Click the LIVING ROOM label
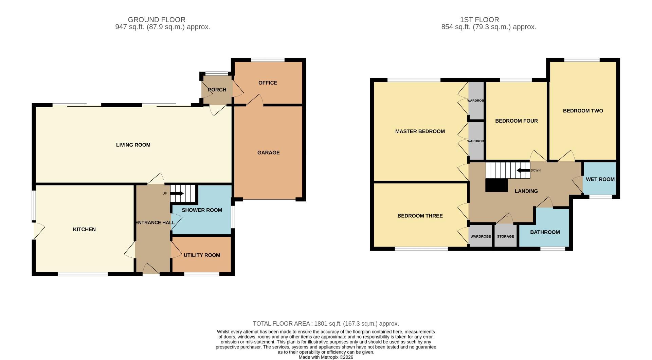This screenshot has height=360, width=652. (133, 145)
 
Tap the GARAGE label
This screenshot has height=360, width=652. (268, 153)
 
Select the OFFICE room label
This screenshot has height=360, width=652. (268, 83)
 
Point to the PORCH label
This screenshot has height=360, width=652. (217, 90)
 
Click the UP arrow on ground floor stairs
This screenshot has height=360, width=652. (177, 194)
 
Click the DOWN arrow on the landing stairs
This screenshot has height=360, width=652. (523, 170)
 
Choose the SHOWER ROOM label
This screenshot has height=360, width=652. (202, 210)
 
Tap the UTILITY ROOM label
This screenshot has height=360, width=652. (202, 255)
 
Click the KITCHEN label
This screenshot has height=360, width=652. (84, 230)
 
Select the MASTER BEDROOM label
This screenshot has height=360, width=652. (420, 131)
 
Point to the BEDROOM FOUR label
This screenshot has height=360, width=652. (516, 121)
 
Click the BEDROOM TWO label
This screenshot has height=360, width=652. (583, 111)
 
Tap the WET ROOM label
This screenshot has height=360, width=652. (600, 179)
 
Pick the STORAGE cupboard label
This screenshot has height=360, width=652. (505, 236)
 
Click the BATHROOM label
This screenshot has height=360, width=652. (545, 232)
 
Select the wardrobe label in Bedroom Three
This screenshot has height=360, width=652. (481, 236)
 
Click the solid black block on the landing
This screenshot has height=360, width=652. (496, 185)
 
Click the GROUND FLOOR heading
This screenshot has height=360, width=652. (157, 20)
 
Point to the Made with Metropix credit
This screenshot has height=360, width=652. (326, 357)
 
